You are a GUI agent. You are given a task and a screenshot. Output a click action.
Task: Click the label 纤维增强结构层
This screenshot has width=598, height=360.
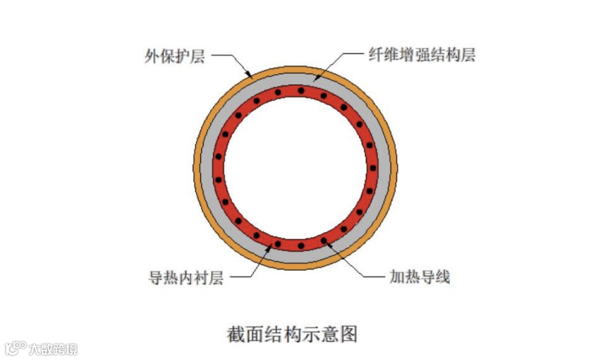click(422, 55)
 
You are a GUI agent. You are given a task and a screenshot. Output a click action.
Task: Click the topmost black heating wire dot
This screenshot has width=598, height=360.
click(301, 90)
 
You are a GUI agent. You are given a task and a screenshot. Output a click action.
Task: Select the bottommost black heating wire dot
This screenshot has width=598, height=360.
click(301, 245)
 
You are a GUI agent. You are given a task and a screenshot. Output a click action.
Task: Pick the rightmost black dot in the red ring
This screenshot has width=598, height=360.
click(373, 168)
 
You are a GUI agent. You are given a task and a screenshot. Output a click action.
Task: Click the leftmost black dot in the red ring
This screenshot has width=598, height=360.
click(218, 179)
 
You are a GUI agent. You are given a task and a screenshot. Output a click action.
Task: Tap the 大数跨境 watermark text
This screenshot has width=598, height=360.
click(53, 349)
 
